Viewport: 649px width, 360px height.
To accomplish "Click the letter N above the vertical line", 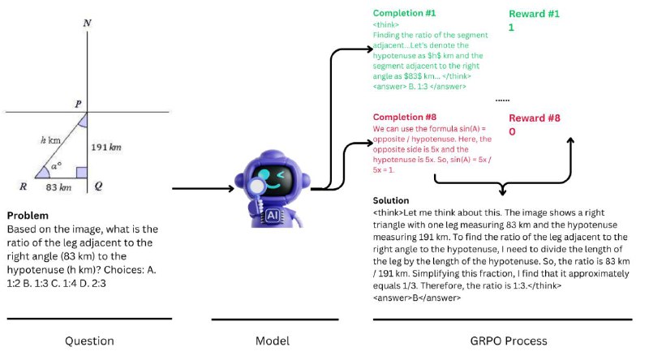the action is click(87, 24).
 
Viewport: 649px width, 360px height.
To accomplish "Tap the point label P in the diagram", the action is click(78, 104).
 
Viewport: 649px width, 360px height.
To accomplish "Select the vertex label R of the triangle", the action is click(24, 186).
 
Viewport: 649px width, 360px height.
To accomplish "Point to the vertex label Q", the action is click(98, 186).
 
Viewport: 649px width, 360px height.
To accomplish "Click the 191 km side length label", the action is click(106, 148).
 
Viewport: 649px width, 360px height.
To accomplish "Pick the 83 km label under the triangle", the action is click(58, 187).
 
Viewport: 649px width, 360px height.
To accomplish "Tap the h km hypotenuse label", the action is click(50, 140).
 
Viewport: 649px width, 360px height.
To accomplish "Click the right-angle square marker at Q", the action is click(82, 173).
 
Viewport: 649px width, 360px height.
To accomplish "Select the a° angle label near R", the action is click(56, 165).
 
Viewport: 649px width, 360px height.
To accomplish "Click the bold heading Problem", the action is click(28, 216).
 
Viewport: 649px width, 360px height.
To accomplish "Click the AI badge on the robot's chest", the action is click(273, 215).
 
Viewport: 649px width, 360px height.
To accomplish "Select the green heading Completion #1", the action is click(404, 13).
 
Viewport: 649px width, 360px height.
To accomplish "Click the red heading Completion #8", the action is click(404, 117).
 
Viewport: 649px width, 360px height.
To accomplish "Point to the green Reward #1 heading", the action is click(534, 14).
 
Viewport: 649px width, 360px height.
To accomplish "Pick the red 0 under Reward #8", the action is click(513, 132).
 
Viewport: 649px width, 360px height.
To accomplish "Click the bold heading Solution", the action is click(391, 201).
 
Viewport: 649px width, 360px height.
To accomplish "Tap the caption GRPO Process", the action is click(509, 341).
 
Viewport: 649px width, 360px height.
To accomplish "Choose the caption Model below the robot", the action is click(273, 341).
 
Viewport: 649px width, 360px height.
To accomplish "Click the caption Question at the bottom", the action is click(89, 341).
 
